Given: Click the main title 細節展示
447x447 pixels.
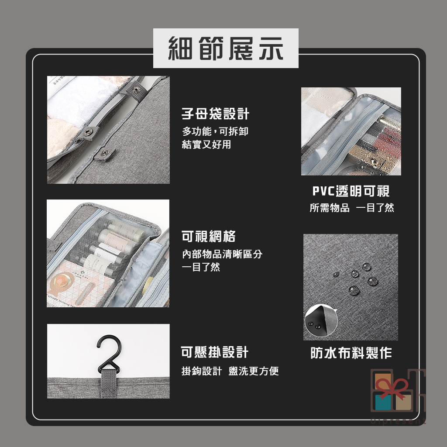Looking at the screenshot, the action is point(226,48).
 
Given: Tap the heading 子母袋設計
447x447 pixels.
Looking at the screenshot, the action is point(215,114).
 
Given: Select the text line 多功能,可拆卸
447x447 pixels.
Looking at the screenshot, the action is point(215,131).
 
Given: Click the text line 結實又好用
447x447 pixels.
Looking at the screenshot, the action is point(206,144).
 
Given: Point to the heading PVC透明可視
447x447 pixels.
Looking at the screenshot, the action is point(351,191).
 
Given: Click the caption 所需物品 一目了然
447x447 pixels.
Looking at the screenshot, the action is point(352,208).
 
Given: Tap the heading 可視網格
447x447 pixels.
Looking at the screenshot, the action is point(209,236).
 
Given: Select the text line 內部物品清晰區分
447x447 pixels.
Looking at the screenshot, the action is point(222,254).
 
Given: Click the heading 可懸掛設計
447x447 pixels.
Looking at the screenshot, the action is point(215,352).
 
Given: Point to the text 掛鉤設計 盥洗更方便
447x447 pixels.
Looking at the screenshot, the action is point(230,371).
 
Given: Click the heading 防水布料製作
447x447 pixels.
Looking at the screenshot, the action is point(351,353).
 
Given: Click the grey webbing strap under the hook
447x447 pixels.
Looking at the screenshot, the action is point(109,383).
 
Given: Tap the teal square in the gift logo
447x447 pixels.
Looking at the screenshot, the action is point(383,402).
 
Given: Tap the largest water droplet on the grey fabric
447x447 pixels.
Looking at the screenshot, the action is point(354,290).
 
